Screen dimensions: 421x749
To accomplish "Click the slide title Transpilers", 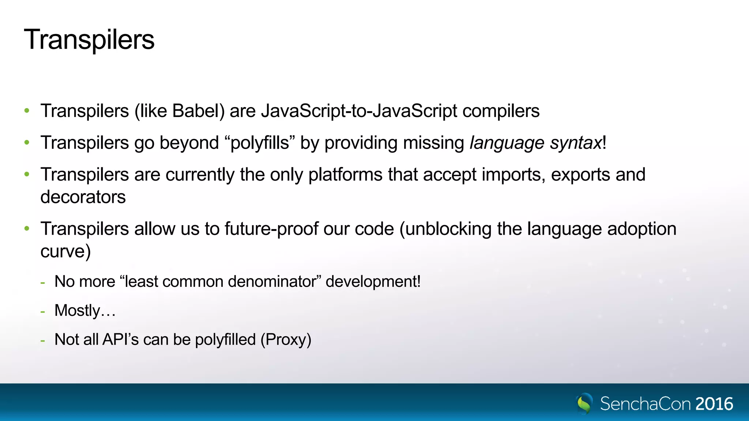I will pyautogui.click(x=89, y=40).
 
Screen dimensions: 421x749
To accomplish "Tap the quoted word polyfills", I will pyautogui.click(x=260, y=143).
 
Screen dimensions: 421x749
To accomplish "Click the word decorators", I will pyautogui.click(x=83, y=197).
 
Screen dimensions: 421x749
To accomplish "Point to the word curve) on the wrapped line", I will pyautogui.click(x=65, y=251).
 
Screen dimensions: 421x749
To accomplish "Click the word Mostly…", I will pyautogui.click(x=85, y=311).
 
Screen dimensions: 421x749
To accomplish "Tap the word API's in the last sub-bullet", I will pyautogui.click(x=120, y=340).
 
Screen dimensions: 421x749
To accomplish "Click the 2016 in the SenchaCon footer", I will pyautogui.click(x=714, y=404).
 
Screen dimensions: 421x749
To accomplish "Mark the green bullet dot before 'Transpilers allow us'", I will pyautogui.click(x=27, y=229).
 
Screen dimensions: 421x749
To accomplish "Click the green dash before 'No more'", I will pyautogui.click(x=43, y=282).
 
